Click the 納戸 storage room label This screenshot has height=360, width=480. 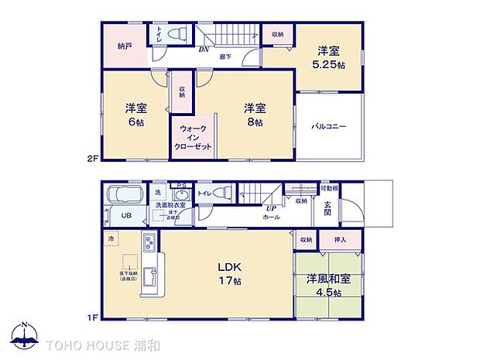coord(125,46)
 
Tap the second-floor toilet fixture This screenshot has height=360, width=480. coord(177,35)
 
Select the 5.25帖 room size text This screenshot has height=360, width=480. coord(329,57)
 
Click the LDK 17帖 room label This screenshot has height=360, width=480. coord(228,274)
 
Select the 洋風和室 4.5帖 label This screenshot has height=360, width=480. coord(328,286)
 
